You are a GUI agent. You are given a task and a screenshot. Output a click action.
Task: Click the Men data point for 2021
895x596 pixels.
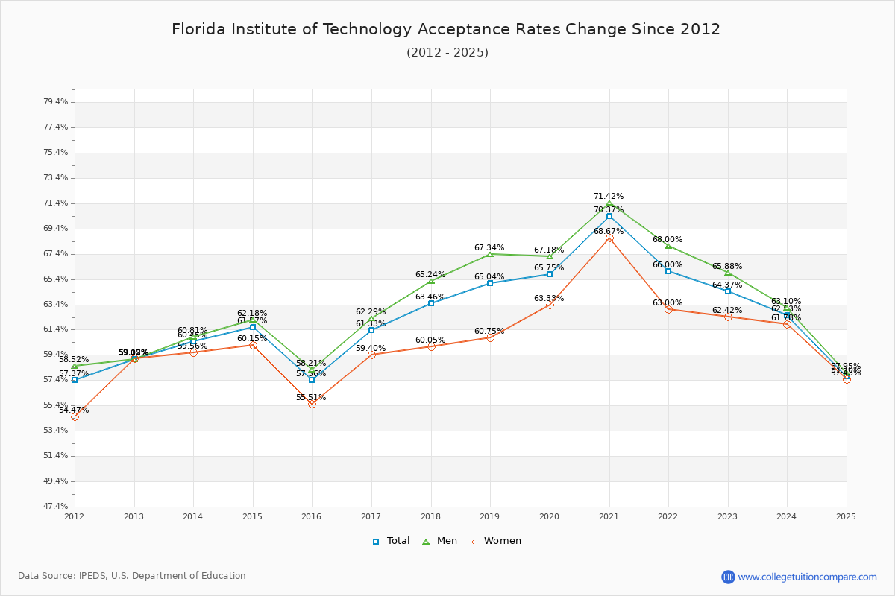pyautogui.click(x=609, y=203)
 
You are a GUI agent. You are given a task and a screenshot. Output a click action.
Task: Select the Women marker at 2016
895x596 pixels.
pyautogui.click(x=312, y=404)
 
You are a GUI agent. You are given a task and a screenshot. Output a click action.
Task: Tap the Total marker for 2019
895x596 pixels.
pyautogui.click(x=490, y=283)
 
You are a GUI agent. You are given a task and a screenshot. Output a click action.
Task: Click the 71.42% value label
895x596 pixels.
pyautogui.click(x=609, y=197)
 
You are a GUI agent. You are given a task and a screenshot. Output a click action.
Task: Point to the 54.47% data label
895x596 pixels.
pyautogui.click(x=74, y=410)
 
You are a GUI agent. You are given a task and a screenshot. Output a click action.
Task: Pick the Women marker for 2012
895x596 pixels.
pyautogui.click(x=75, y=416)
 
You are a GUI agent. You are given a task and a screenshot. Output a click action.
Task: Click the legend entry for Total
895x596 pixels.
pyautogui.click(x=391, y=541)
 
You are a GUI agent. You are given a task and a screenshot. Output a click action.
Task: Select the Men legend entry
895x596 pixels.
pyautogui.click(x=441, y=541)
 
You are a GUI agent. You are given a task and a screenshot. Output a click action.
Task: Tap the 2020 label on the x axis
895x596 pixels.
pyautogui.click(x=550, y=516)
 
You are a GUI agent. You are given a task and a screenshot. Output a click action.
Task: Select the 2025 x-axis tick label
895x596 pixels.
pyautogui.click(x=846, y=516)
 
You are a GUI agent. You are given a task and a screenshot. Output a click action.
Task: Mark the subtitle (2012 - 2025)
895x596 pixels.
pyautogui.click(x=447, y=53)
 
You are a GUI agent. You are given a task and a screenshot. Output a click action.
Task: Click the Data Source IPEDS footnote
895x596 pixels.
pyautogui.click(x=132, y=576)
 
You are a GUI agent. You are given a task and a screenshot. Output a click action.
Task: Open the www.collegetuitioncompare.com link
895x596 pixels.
pyautogui.click(x=807, y=577)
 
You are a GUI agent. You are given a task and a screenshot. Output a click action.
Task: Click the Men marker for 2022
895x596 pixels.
pyautogui.click(x=668, y=246)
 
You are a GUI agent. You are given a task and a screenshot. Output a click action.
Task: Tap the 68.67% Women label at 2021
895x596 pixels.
pyautogui.click(x=609, y=232)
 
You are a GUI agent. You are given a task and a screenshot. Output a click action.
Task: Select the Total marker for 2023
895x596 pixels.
pyautogui.click(x=728, y=291)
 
